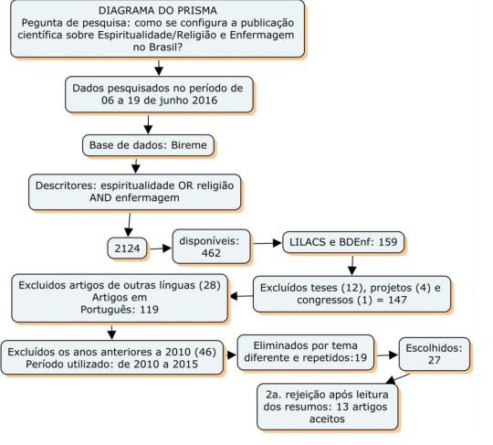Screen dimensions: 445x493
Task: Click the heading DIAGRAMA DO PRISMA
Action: (158, 10)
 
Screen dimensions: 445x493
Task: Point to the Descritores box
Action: (131, 190)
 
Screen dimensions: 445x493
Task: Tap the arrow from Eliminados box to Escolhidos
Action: (386, 353)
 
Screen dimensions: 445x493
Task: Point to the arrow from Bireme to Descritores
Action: (136, 165)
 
